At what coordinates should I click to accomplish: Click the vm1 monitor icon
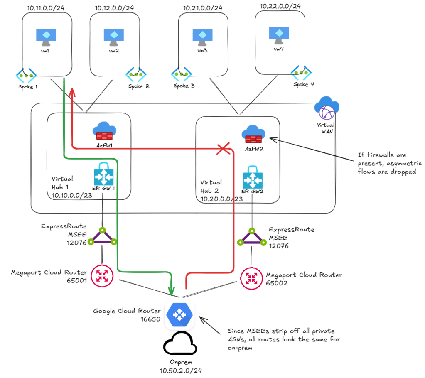(46, 37)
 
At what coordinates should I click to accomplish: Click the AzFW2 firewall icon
(253, 134)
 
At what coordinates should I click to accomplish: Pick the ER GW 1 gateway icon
(103, 174)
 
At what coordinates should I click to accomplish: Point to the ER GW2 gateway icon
(253, 177)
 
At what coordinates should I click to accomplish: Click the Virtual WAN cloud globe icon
(327, 108)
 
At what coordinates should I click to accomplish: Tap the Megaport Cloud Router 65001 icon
(102, 276)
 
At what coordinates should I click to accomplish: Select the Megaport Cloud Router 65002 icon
(251, 278)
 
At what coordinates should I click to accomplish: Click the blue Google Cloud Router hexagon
(179, 315)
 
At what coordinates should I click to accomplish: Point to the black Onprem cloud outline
(180, 344)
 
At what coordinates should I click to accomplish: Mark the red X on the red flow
(224, 148)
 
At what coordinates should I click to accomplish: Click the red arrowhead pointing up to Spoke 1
(72, 92)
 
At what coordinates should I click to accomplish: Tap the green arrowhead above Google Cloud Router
(171, 291)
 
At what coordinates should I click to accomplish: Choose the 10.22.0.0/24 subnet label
(280, 6)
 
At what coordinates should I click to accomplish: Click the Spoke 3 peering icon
(181, 74)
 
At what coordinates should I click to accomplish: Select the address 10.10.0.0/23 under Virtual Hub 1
(72, 195)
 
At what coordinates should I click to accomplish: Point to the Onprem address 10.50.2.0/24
(181, 371)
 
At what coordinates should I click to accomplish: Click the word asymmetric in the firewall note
(404, 163)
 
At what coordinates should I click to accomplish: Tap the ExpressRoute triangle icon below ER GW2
(252, 237)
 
